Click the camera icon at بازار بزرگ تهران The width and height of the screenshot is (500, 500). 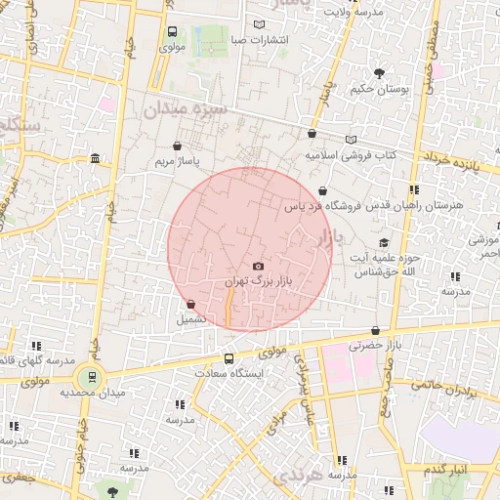click(x=258, y=266)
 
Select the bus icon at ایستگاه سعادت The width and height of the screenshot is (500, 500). click(x=229, y=358)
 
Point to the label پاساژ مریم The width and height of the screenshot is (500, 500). click(x=176, y=159)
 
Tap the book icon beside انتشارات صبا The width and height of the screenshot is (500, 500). click(x=258, y=24)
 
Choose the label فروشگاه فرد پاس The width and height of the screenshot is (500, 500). click(x=323, y=206)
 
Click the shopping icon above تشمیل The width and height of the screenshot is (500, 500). click(x=189, y=304)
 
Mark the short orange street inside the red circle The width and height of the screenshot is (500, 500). click(x=229, y=311)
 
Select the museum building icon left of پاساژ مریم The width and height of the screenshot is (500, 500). click(x=95, y=158)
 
